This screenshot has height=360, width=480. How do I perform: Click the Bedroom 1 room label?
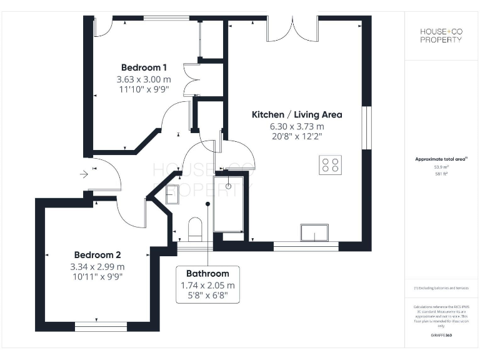coord(144,67)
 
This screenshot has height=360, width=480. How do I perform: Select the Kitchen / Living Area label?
coord(297,115)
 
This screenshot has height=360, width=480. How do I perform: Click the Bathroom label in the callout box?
coord(207,274)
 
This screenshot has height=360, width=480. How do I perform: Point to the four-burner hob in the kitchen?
coord(331,165)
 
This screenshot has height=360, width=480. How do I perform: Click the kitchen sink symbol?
coord(316,232)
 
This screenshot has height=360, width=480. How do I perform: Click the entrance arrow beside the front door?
coord(84,174)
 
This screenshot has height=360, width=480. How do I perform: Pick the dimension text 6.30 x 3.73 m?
coord(297,126)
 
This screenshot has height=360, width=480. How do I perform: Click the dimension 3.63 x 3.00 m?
coord(144,79)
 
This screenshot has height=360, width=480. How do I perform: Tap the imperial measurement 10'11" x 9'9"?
coord(97,276)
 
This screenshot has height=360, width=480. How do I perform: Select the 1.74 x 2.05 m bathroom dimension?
coord(207,285)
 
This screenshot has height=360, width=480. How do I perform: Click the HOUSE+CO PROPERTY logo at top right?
coord(441,36)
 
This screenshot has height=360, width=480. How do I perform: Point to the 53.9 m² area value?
coord(442,167)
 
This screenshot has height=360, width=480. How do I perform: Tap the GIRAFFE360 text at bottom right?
coord(441,336)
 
